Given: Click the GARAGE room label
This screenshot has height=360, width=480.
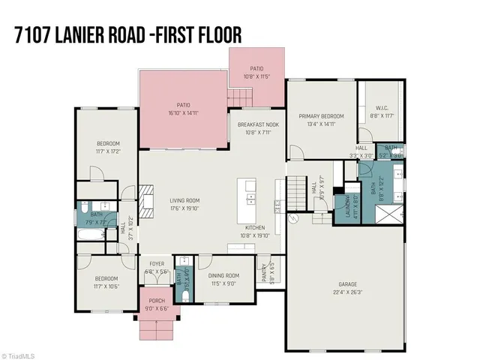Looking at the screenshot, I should coord(345,284).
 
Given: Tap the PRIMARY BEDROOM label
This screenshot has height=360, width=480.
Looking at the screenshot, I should coord(321,116).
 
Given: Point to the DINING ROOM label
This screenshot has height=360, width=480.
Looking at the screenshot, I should coord(223,276).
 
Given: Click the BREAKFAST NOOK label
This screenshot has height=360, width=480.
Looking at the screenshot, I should coord(257,124).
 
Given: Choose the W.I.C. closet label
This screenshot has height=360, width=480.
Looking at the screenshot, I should coord(382,108).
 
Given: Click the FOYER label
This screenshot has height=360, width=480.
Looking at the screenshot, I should coord(156,264).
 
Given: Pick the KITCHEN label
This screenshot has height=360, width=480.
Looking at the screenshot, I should coord(256,227).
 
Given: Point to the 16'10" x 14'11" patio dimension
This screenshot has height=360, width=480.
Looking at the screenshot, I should coord(183,113).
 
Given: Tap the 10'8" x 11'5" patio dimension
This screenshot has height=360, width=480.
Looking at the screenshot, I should coord(256,76).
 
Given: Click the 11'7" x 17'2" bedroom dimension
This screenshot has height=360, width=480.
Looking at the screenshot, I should coord(108,151).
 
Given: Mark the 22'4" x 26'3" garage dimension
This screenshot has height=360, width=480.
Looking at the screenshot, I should coord(345,292).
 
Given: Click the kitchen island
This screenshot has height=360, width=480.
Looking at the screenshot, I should coord(247,197).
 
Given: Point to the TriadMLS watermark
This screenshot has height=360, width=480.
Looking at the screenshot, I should coord(20,354).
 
